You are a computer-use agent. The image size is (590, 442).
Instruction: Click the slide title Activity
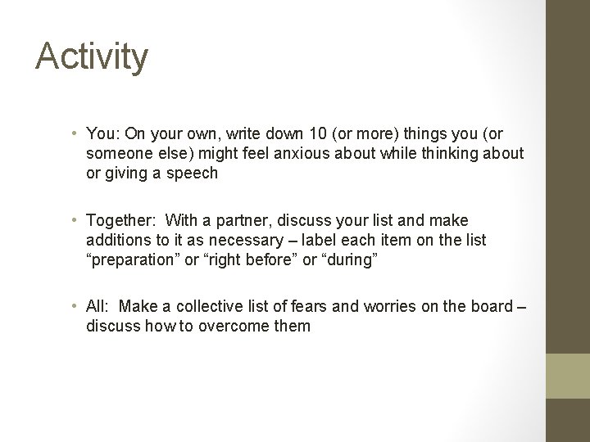pyautogui.click(x=92, y=57)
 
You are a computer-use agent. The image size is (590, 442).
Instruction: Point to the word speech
pyautogui.click(x=193, y=174)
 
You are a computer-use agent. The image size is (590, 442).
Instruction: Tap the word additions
pyautogui.click(x=116, y=240)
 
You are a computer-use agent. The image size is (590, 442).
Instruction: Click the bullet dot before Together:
pyautogui.click(x=75, y=221)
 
